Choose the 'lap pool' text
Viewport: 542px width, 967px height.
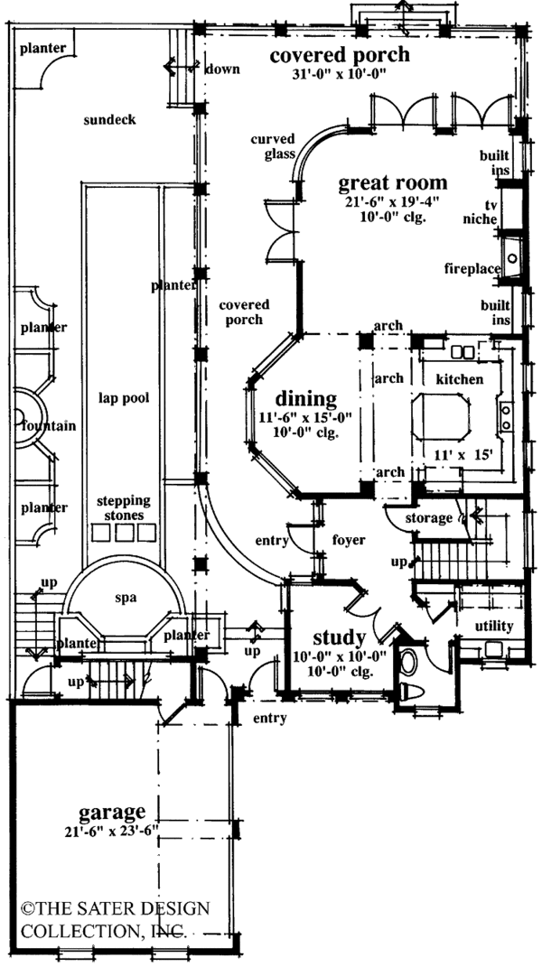coord(123,396)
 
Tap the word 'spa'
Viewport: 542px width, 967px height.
coord(125,598)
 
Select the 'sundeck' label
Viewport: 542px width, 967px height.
coord(108,119)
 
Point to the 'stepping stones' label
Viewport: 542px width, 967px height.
coord(125,508)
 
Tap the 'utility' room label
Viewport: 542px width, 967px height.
coord(493,626)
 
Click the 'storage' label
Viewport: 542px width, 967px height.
coord(428,518)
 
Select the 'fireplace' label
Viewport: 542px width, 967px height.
coord(472,268)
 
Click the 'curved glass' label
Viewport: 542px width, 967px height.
coord(276,147)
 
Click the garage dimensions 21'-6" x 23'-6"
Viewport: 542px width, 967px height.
coord(112,831)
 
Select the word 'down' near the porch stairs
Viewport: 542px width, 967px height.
coord(221,69)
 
